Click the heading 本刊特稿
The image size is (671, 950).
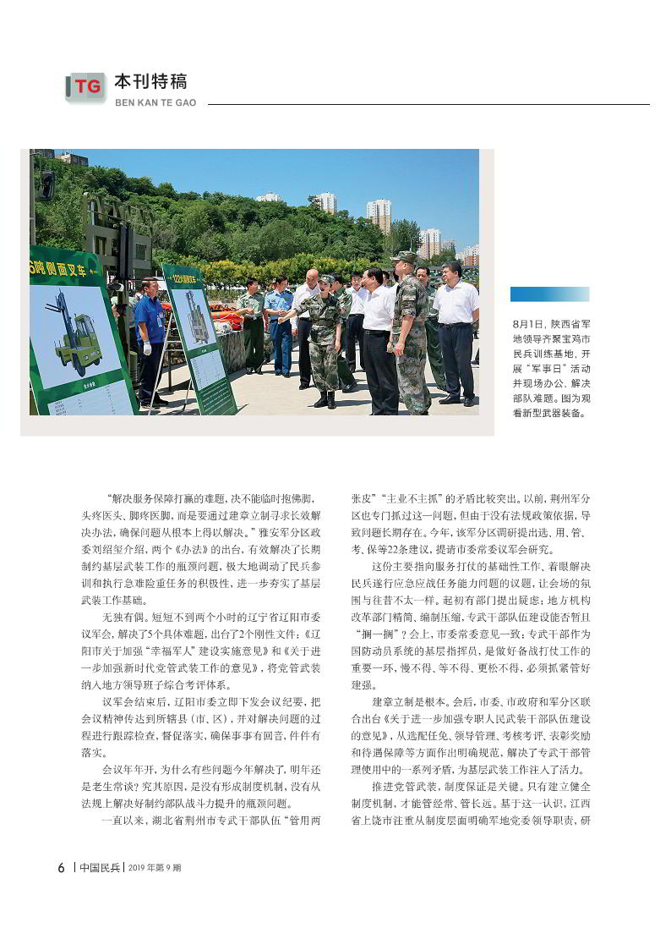click(x=150, y=82)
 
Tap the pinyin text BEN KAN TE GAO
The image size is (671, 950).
click(x=155, y=102)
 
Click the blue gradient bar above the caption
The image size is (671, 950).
click(x=549, y=294)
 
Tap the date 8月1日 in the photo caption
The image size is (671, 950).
click(x=527, y=323)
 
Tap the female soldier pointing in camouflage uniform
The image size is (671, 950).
click(x=321, y=338)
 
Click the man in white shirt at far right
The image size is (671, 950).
click(x=456, y=330)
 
